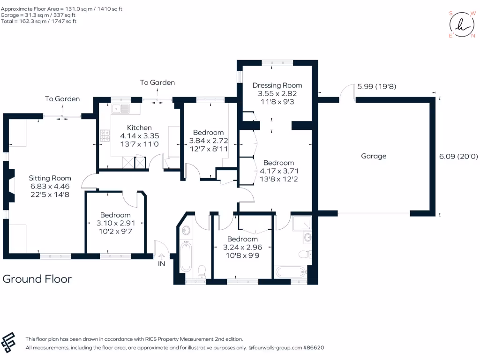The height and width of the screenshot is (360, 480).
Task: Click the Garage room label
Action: coord(374,156)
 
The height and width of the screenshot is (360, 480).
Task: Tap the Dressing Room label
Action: coord(277,85)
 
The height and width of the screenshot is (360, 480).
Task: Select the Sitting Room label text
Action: coord(50,178)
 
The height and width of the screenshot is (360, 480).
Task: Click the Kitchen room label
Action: coord(139,127)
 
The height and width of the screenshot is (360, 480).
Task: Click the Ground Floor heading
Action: coord(37,279)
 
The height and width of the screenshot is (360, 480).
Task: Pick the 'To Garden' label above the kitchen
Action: coord(157,82)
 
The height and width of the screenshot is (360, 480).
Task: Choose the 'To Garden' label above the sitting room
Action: coord(62,99)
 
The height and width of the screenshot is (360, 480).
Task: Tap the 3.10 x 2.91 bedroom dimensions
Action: coord(114,223)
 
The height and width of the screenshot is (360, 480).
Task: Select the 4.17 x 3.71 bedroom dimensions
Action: coord(278,171)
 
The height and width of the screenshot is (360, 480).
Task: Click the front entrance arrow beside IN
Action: coord(162,256)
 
